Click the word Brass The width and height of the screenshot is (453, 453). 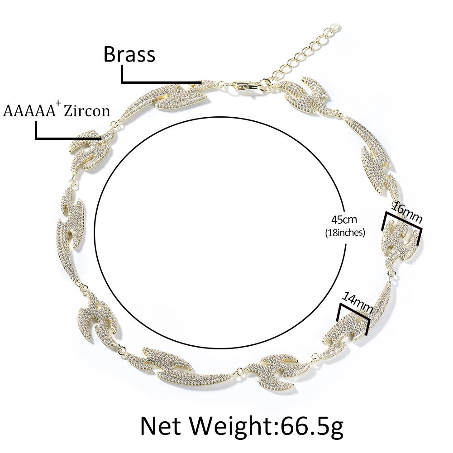(x=129, y=54)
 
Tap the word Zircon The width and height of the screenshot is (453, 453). (x=87, y=111)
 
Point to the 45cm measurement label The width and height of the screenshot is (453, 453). (x=344, y=219)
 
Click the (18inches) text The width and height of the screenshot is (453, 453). (x=345, y=232)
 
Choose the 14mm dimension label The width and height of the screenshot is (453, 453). (x=357, y=302)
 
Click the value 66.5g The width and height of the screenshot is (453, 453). (x=311, y=425)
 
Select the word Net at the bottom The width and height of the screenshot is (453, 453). (x=162, y=425)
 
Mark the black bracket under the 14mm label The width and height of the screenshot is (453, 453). (x=354, y=311)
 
